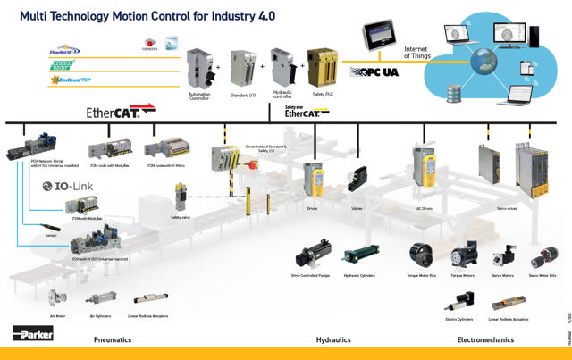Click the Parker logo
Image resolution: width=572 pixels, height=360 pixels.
(33, 333)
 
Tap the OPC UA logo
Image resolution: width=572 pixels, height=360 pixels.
(376, 70)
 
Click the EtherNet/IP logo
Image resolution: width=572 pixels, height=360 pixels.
(65, 52)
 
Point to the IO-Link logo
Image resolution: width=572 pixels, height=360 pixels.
(68, 186)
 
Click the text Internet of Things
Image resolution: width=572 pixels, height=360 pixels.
(418, 52)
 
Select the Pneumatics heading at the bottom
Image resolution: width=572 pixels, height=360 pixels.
(113, 339)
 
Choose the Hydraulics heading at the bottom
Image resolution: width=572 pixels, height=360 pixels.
(332, 339)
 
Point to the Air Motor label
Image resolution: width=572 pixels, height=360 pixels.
(58, 315)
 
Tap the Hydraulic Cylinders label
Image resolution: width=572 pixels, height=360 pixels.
(358, 275)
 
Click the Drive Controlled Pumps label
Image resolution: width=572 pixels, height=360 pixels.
(310, 275)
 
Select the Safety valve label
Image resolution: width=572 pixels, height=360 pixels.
(181, 217)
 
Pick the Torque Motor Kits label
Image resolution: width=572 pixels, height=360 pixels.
(421, 275)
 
